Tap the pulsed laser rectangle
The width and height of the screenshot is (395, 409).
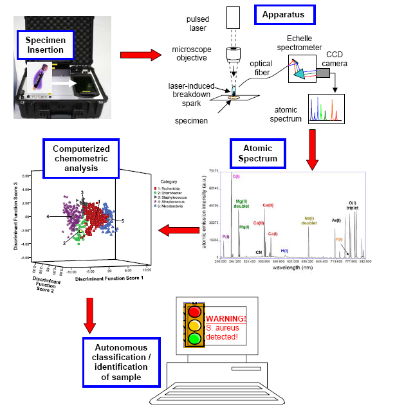coord(234,15)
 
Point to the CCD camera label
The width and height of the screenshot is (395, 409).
coord(356,59)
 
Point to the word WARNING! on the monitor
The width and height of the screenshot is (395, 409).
coord(226,318)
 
